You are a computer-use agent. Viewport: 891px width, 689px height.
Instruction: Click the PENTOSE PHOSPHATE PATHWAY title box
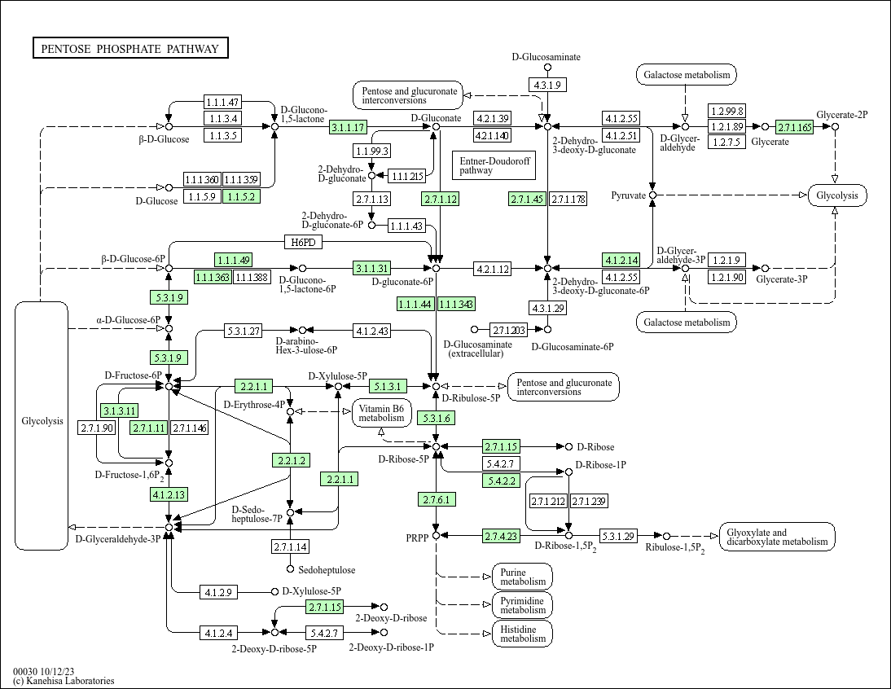[x=130, y=49]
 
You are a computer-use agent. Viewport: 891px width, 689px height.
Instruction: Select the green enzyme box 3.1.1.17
[x=349, y=127]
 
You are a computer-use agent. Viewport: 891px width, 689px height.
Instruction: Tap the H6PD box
[x=303, y=242]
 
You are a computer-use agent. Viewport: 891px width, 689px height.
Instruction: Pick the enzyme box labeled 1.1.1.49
[x=233, y=260]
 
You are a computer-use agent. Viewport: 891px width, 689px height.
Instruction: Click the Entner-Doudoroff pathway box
[x=494, y=166]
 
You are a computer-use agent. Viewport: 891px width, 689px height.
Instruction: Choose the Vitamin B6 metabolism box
[x=381, y=413]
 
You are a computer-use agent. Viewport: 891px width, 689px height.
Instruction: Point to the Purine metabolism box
[x=522, y=577]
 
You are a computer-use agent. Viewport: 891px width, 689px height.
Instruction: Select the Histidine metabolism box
[x=522, y=634]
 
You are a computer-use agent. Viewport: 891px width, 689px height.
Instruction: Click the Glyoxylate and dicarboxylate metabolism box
[x=777, y=537]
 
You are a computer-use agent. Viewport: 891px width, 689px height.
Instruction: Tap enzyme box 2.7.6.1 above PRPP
[x=437, y=499]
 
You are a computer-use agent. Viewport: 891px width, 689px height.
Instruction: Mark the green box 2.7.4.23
[x=501, y=536]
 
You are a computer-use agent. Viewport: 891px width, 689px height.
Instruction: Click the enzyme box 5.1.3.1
[x=388, y=385]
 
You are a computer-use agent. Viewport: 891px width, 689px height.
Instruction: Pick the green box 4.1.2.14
[x=621, y=260]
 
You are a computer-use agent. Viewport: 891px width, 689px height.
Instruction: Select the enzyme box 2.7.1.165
[x=795, y=127]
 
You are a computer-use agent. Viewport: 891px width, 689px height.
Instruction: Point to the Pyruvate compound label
[x=629, y=195]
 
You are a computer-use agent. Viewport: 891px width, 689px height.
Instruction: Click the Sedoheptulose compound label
[x=327, y=569]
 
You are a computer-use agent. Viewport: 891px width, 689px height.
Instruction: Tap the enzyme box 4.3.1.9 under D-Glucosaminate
[x=546, y=85]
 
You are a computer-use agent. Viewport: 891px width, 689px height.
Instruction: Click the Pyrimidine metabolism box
[x=522, y=605]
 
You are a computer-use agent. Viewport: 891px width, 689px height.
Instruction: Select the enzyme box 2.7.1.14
[x=290, y=546]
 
